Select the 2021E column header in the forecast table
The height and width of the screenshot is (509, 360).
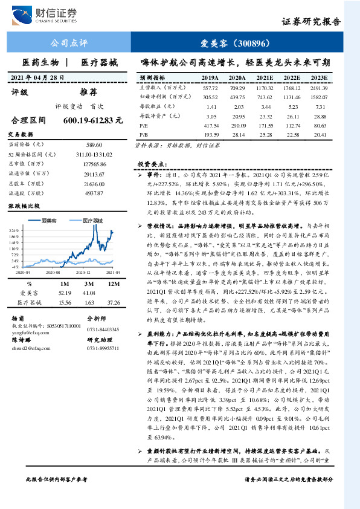tap(263, 78)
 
